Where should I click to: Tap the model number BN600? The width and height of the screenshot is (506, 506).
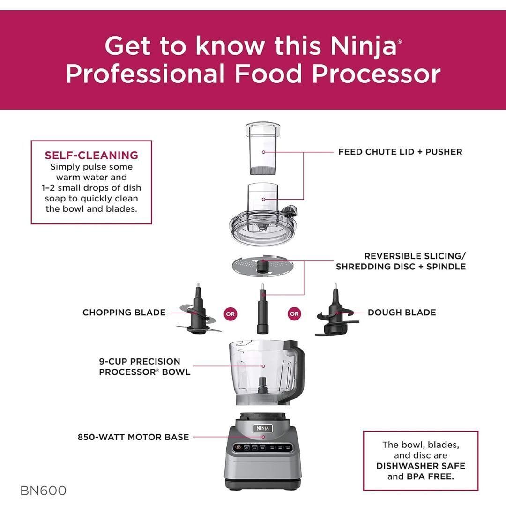pos(43,491)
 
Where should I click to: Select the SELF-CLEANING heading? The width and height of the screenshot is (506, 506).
pos(91,155)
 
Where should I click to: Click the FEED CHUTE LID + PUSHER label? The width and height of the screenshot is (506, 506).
pos(400,152)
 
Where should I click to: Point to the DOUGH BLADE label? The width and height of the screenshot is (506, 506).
pos(402,313)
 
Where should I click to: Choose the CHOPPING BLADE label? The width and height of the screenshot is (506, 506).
pos(124,313)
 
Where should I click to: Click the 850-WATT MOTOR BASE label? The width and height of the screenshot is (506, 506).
pos(133,437)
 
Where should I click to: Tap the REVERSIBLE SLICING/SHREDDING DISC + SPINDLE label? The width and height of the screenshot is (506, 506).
pos(401,261)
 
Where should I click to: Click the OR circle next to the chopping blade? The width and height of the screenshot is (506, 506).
pos(230,314)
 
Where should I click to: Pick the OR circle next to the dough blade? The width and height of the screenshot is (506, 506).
pos(294,314)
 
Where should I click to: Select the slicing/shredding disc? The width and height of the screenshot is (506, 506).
pos(262,266)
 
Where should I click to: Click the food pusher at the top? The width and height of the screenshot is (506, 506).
pos(263,149)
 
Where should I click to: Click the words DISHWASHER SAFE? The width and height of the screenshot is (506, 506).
pos(421,466)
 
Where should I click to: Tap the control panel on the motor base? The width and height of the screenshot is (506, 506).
pos(262,447)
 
